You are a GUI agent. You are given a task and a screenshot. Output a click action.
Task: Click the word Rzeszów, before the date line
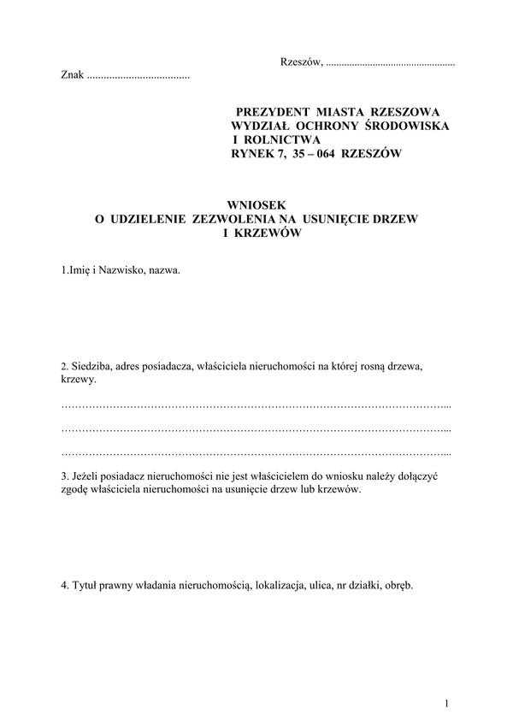coord(301,62)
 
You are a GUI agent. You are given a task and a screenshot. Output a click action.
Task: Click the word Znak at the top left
coord(73,76)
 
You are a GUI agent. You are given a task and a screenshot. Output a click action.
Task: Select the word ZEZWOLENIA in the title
coord(238,219)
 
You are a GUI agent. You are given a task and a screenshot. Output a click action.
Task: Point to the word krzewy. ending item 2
coord(80,380)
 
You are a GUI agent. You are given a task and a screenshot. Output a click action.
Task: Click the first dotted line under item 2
coord(256,404)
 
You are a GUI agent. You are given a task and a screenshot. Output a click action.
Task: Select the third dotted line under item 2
coord(256,452)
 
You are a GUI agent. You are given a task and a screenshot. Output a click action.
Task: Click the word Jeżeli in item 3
coord(91,476)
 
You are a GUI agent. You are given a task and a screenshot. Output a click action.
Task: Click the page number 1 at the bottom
coord(447,703)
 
